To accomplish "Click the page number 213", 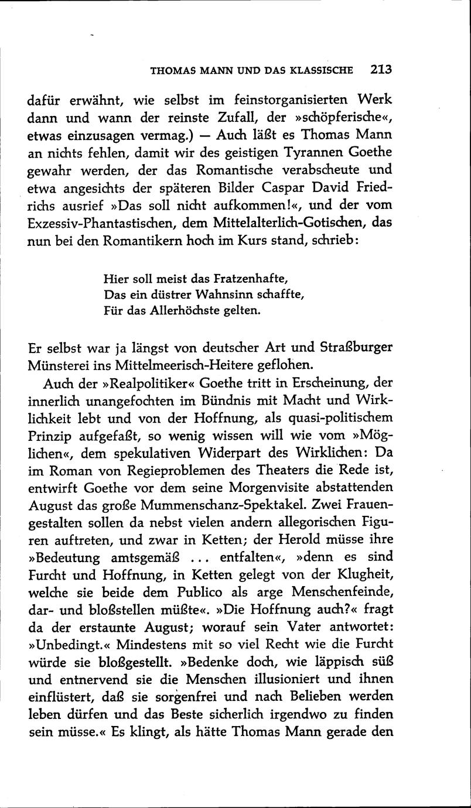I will point(380,70).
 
